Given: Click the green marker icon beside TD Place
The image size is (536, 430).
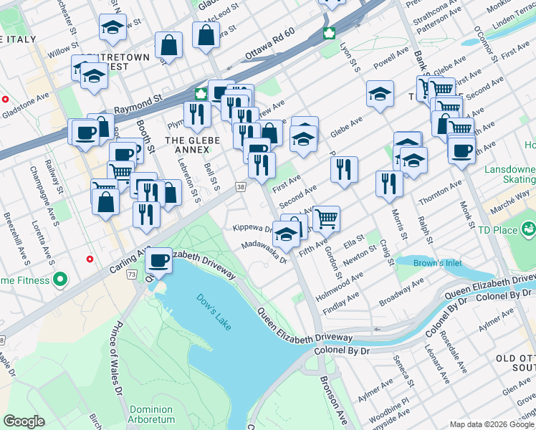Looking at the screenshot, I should [529, 229].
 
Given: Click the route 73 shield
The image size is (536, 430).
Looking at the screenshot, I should [132, 274].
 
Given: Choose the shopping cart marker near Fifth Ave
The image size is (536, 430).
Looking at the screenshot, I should [326, 217].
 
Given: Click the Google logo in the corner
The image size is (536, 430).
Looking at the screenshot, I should [24, 421].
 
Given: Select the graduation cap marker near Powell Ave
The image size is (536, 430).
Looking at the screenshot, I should [380, 93].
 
